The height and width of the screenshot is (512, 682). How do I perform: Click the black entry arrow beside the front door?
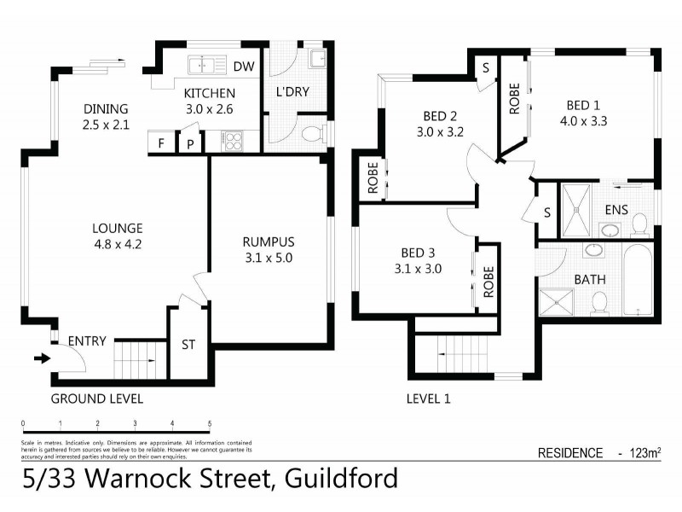40,358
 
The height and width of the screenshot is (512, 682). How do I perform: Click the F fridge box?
159,143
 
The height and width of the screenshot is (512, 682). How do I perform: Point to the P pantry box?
189,143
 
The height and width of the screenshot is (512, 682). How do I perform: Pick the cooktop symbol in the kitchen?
233,142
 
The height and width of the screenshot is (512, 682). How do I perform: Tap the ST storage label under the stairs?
188,346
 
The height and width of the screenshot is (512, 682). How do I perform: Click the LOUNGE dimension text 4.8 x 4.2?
118,243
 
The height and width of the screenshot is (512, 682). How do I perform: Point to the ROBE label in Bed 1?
514,98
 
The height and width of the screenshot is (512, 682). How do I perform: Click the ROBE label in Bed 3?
488,280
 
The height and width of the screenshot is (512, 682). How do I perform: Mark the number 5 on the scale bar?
210,423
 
